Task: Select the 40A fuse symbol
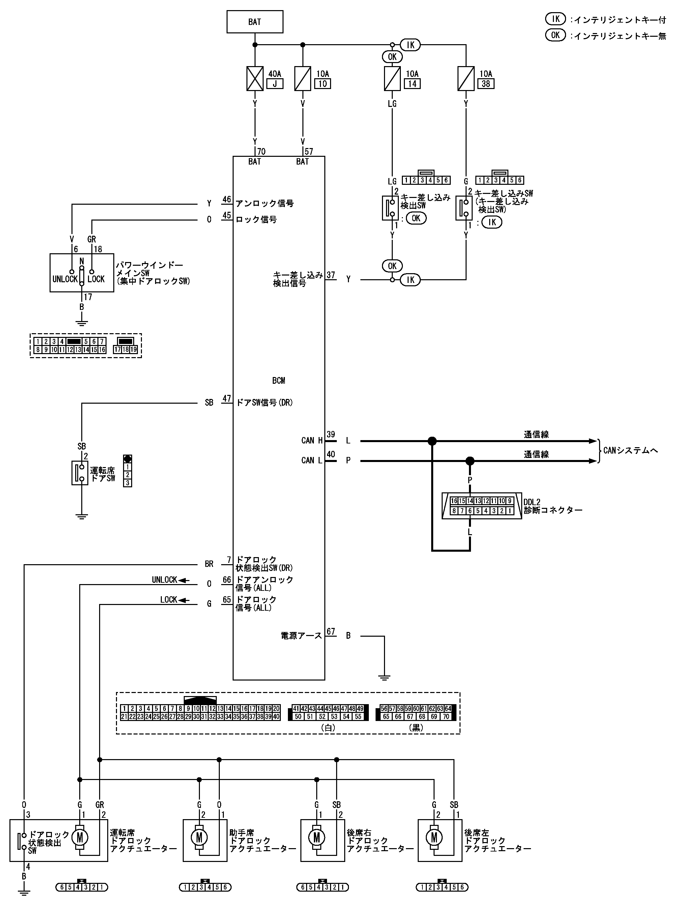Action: [x=255, y=78]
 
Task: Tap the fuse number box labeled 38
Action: [x=486, y=84]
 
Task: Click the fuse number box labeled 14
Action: [x=412, y=84]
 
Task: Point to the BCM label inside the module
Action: [x=279, y=380]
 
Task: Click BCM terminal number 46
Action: [x=227, y=200]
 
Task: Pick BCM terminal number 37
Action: [x=331, y=275]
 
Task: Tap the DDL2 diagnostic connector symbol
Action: [x=481, y=506]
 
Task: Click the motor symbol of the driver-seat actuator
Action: [x=80, y=837]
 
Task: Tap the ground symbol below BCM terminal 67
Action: [x=384, y=677]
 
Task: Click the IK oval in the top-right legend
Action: [x=556, y=19]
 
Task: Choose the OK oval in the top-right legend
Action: [x=556, y=35]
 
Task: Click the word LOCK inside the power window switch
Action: [x=96, y=279]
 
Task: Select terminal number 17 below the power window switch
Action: [x=88, y=297]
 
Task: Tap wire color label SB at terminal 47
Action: [x=209, y=402]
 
